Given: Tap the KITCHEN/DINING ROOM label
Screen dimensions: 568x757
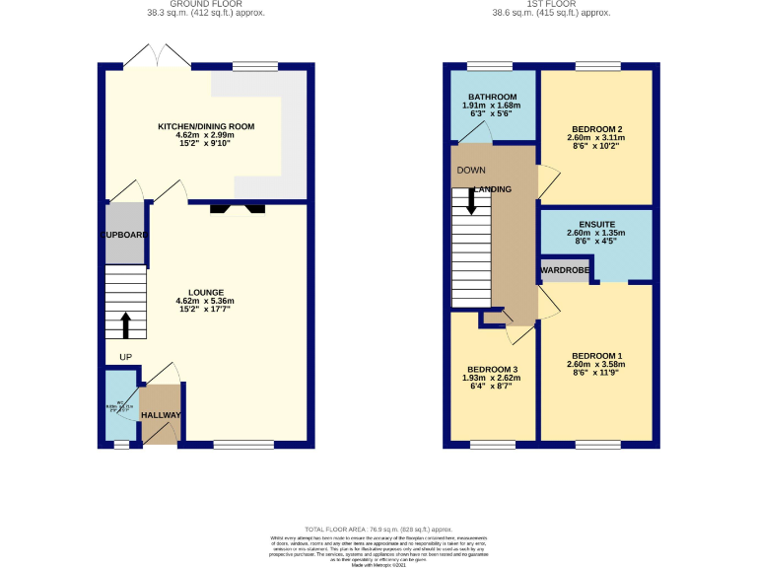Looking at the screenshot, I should [207, 126].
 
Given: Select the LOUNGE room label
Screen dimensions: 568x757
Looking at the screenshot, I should [205, 292].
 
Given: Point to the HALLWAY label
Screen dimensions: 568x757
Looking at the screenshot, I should [160, 415].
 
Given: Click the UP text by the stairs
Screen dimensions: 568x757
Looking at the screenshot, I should [125, 357].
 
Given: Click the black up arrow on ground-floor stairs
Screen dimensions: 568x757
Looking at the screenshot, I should [125, 324].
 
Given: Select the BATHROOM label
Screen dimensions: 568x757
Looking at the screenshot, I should [492, 97].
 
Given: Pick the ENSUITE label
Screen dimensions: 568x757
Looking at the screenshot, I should [597, 225].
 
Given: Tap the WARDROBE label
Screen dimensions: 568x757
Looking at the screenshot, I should [564, 268].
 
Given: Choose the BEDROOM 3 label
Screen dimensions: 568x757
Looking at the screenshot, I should [492, 369].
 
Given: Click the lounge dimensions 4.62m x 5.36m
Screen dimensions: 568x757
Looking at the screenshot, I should [205, 302].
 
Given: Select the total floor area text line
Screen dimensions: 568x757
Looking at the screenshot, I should [378, 530].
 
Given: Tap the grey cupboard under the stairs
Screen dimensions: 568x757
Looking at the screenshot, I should [125, 233].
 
